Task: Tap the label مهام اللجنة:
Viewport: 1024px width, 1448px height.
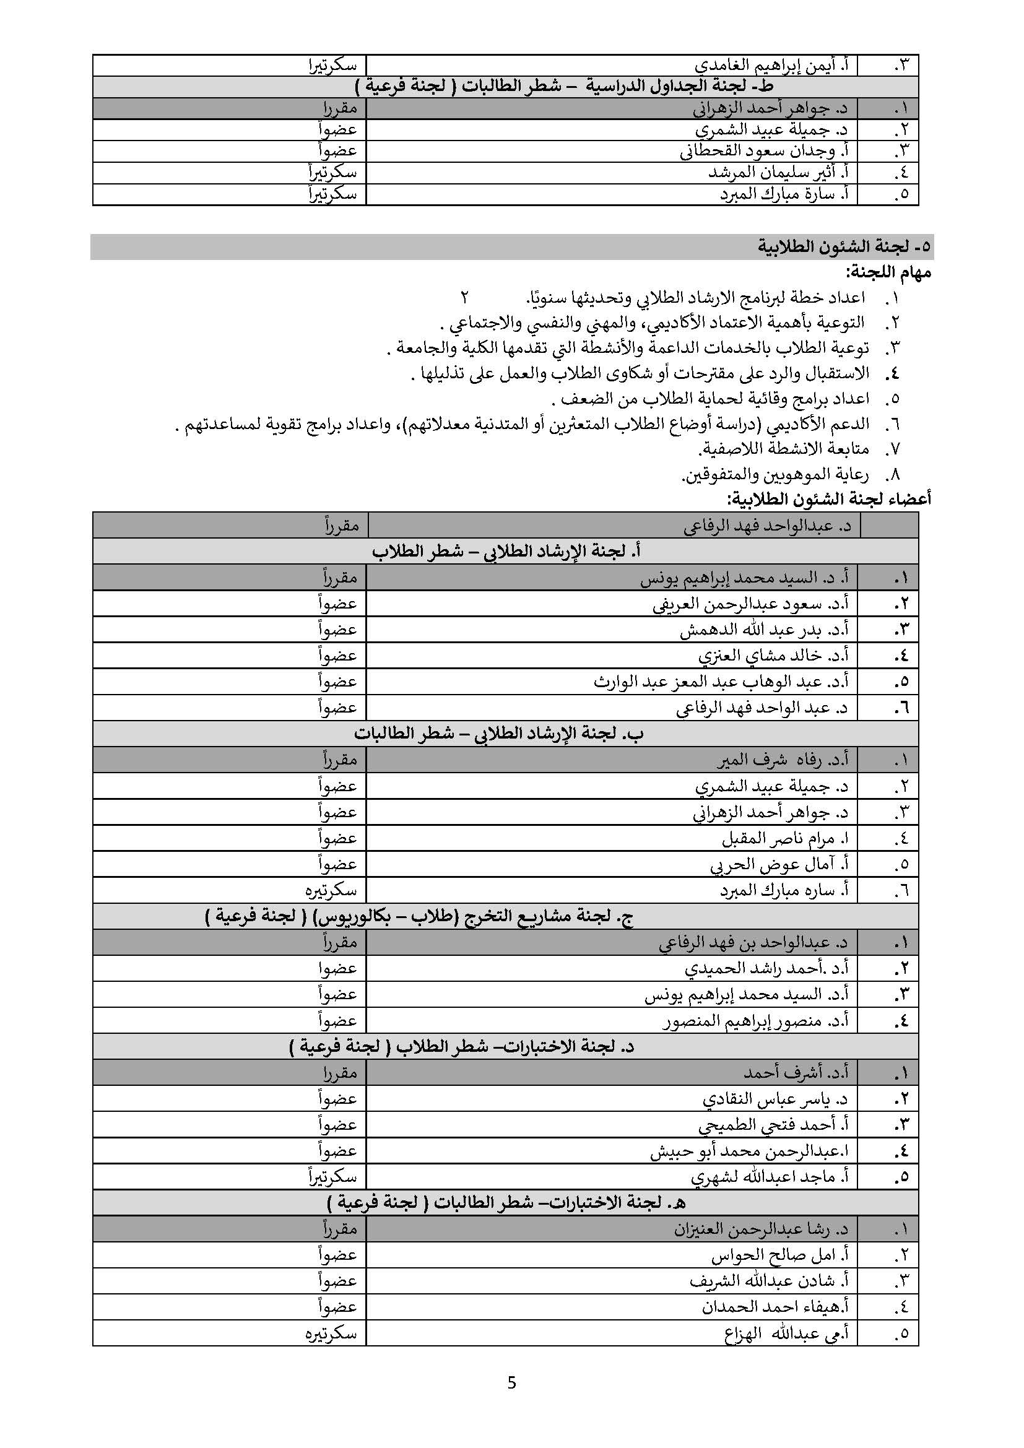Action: click(x=888, y=272)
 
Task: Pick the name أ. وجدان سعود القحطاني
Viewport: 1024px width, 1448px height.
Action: click(x=763, y=151)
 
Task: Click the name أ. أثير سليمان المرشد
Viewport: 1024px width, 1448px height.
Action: click(x=778, y=173)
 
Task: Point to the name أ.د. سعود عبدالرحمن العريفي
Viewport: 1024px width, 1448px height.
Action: click(x=750, y=604)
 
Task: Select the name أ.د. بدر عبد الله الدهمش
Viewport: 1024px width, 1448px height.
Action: click(x=763, y=630)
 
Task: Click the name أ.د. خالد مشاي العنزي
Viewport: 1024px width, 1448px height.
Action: click(x=773, y=656)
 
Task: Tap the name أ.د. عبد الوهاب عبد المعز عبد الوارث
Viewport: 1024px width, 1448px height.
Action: click(x=721, y=682)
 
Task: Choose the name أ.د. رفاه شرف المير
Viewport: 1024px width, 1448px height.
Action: click(x=783, y=760)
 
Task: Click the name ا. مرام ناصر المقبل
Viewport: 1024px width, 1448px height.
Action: click(x=785, y=838)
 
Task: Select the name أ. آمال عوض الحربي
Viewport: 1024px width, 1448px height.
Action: click(x=779, y=865)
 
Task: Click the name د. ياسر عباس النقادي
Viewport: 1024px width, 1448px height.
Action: click(x=775, y=1099)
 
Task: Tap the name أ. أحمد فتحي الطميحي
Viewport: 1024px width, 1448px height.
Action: click(x=773, y=1125)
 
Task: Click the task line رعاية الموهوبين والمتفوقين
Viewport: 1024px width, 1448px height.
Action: click(x=776, y=474)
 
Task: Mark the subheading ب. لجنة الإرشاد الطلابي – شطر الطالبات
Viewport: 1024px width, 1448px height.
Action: click(x=499, y=734)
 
